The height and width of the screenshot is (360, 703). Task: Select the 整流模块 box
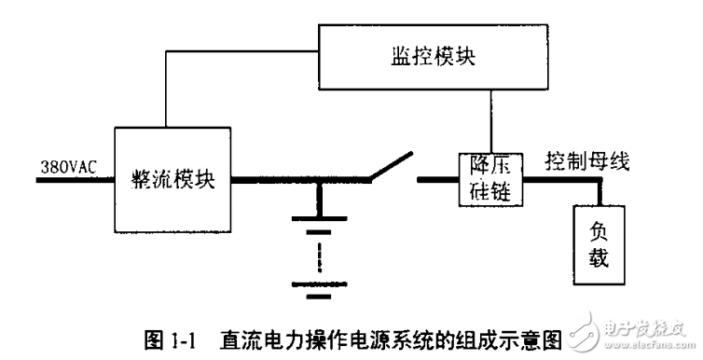pyautogui.click(x=169, y=180)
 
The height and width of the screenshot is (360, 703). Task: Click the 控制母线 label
pyautogui.click(x=587, y=160)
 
